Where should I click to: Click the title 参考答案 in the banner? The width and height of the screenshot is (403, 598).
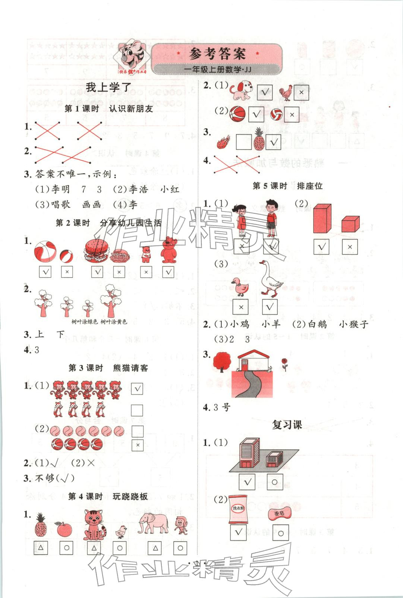click(217, 54)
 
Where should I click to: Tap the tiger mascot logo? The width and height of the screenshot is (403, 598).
click(132, 57)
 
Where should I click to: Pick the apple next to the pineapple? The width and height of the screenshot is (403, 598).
click(64, 529)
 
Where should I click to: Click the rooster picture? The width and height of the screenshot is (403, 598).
click(286, 93)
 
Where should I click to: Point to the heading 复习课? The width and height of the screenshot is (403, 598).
click(287, 424)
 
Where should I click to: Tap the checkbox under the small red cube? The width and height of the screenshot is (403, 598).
click(349, 246)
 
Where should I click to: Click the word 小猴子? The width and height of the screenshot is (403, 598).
click(353, 324)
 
